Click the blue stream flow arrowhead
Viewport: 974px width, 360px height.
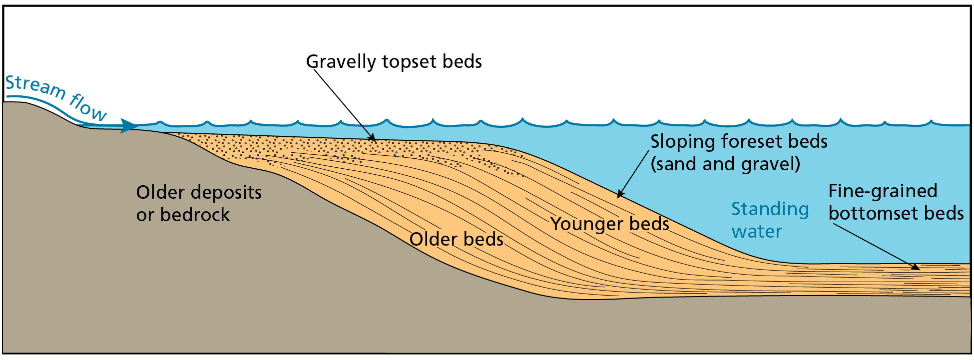(x=128, y=126)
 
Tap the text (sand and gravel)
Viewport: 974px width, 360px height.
(x=725, y=164)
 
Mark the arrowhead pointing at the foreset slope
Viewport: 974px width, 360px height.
(x=620, y=193)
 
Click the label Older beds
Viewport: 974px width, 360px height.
(x=457, y=239)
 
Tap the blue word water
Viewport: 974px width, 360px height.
(x=757, y=232)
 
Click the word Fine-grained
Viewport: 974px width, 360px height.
(x=883, y=191)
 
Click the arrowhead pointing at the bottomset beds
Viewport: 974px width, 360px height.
(x=915, y=267)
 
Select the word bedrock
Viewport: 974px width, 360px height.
(x=195, y=215)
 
